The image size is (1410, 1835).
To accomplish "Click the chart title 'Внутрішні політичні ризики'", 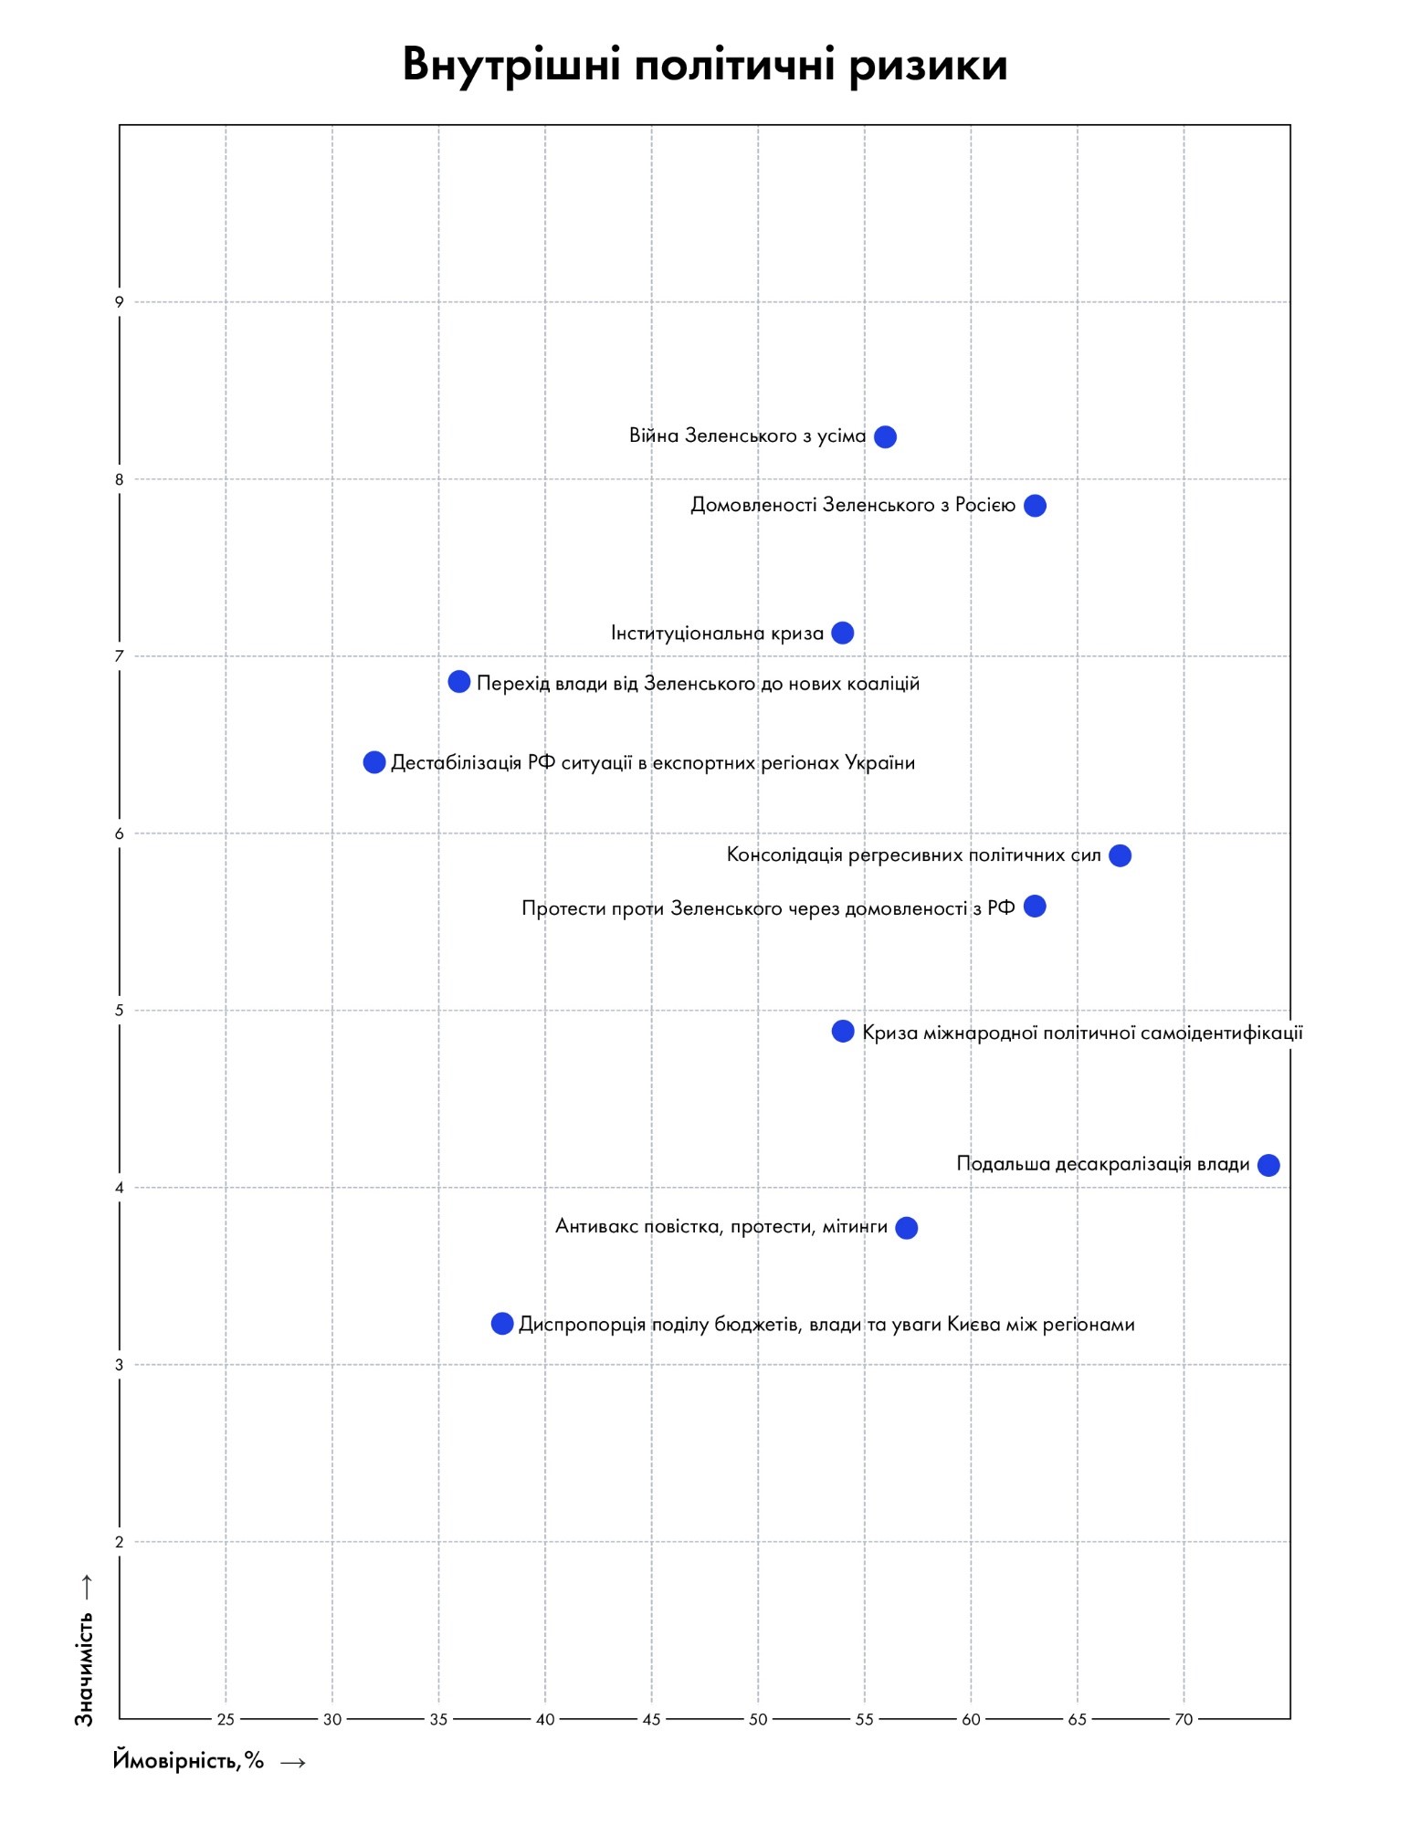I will tap(704, 65).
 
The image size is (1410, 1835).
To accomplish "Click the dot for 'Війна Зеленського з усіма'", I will tap(885, 436).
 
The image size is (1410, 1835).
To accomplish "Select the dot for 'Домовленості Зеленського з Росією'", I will tap(1035, 506).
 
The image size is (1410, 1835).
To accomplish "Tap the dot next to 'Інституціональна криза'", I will tap(843, 633).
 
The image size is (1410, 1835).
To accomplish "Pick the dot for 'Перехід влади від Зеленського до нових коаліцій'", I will tap(459, 682).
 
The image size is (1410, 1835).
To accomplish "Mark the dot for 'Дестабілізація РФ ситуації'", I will tap(374, 761).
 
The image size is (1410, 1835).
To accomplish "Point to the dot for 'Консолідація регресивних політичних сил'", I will tap(1120, 855).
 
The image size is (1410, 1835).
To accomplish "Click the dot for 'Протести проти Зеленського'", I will tap(1035, 907).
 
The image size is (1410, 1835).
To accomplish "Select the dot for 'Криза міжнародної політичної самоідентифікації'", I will tap(843, 1032).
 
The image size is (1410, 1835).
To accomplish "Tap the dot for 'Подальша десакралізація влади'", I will tap(1268, 1165).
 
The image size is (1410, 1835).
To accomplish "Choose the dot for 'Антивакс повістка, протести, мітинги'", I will tap(906, 1228).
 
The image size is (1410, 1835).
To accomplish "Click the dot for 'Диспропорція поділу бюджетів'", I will tap(502, 1324).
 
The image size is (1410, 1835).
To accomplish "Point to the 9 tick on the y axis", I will tap(119, 302).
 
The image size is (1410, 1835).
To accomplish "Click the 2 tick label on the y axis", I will tap(119, 1542).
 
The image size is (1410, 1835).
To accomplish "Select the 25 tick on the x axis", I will tap(226, 1720).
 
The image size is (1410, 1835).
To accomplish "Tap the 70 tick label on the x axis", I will tap(1184, 1720).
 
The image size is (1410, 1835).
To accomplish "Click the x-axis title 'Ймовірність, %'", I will tap(188, 1760).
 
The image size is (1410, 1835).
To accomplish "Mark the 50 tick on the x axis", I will tap(758, 1720).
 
